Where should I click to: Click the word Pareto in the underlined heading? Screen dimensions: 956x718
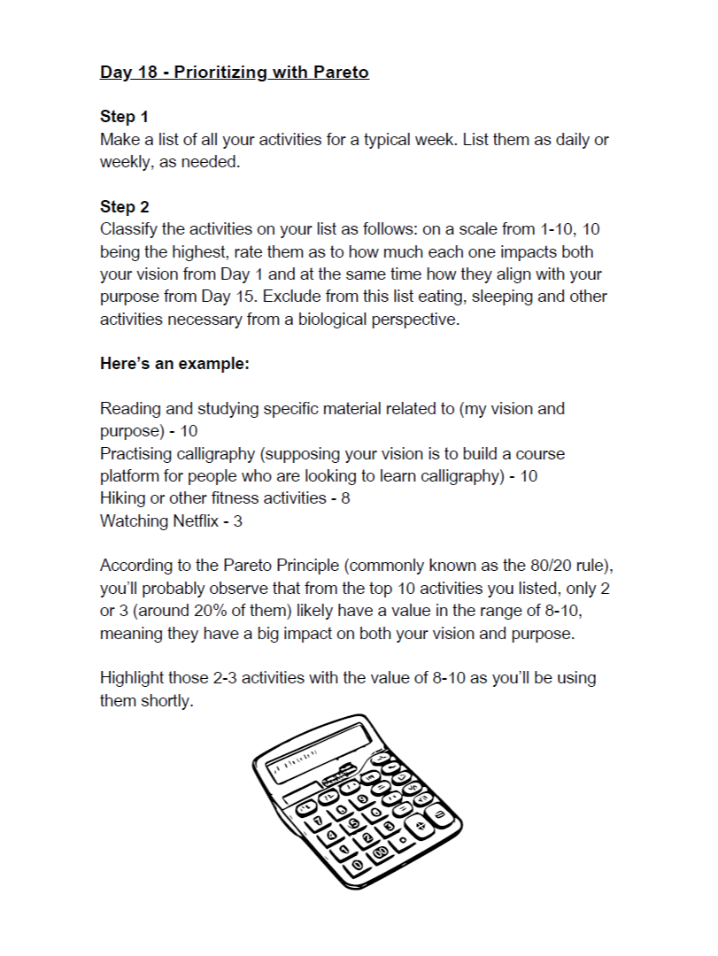point(341,72)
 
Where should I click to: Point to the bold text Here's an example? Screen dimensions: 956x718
point(174,364)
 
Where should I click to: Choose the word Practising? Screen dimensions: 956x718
point(139,454)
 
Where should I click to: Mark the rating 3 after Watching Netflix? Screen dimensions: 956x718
point(238,520)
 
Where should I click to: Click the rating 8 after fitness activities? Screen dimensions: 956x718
point(345,498)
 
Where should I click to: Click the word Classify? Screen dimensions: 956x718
point(130,229)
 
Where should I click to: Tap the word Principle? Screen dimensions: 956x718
point(282,566)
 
